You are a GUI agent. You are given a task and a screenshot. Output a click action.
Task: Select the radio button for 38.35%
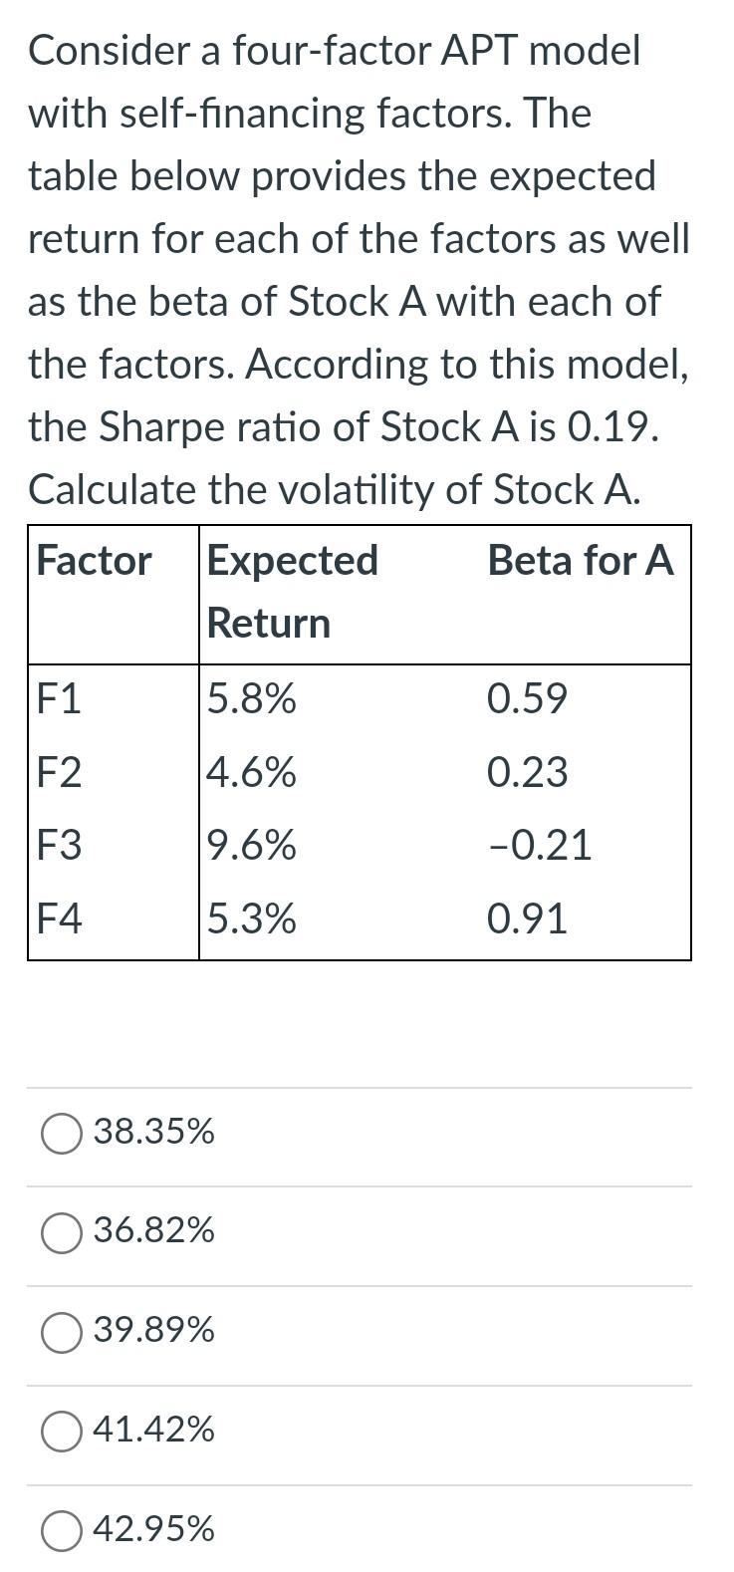(62, 1133)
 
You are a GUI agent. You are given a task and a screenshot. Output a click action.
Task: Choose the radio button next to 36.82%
(62, 1232)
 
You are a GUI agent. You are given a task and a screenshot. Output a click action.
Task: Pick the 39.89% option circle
(62, 1332)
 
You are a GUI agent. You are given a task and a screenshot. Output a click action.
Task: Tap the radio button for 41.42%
(62, 1432)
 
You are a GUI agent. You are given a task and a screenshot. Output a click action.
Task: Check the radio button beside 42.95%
(62, 1530)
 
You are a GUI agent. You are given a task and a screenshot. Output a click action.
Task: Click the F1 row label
(59, 699)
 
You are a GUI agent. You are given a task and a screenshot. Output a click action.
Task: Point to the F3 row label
(59, 846)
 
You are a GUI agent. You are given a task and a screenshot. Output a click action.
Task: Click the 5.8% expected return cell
(252, 699)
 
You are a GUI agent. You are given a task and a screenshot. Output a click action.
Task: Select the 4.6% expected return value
(252, 773)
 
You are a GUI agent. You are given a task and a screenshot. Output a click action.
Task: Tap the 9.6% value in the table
(252, 846)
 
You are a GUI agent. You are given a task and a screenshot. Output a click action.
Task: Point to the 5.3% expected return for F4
(252, 918)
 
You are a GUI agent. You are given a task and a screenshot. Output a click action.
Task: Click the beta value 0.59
(527, 699)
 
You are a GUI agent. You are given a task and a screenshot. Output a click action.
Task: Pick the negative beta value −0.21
(540, 846)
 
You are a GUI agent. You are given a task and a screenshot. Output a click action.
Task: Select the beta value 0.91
(527, 918)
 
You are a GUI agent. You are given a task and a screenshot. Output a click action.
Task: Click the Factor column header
(94, 561)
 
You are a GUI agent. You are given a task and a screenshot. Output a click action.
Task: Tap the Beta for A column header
(580, 561)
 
